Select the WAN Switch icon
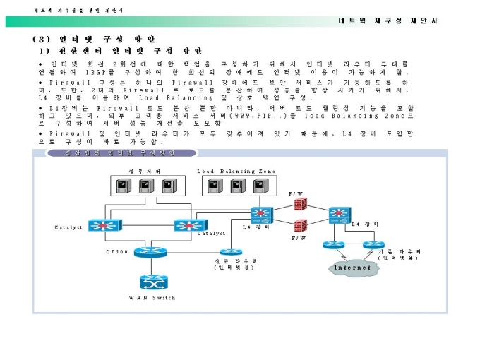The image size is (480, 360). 152,282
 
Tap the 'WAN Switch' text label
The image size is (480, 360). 152,298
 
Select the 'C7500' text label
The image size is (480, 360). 116,251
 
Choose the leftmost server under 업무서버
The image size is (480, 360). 124,186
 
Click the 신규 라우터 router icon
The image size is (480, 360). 230,251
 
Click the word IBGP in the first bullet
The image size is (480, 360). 97,72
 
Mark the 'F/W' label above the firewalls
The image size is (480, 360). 296,193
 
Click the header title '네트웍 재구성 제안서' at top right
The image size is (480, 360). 388,20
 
